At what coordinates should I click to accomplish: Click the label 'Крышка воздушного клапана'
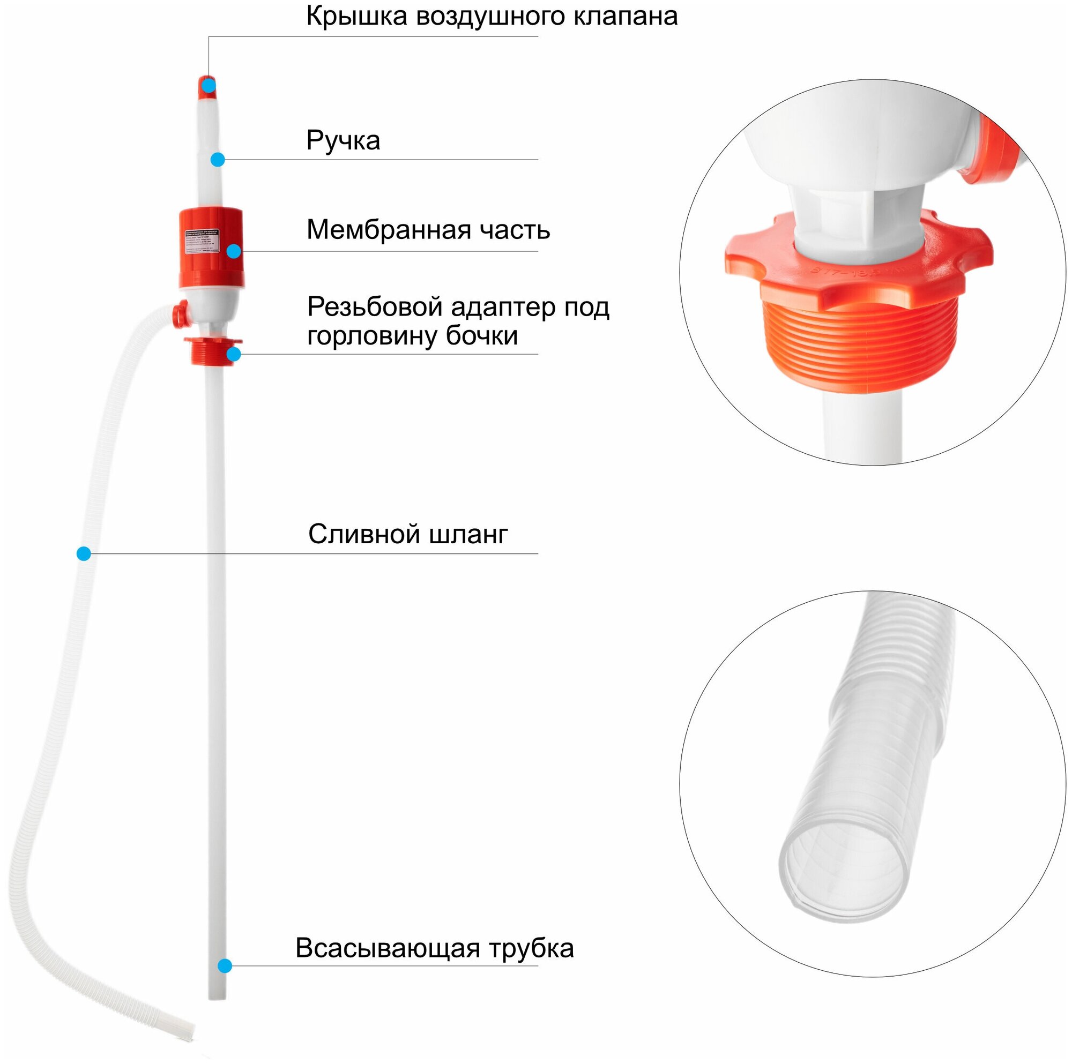(x=492, y=17)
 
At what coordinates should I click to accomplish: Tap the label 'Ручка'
(x=343, y=140)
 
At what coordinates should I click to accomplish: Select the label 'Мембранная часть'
(x=428, y=230)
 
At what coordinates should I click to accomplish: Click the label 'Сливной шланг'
(x=408, y=534)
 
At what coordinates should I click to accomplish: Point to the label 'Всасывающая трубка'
(x=434, y=948)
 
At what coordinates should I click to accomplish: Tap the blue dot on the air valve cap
(x=208, y=85)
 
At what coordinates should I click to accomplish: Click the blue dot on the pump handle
(x=218, y=160)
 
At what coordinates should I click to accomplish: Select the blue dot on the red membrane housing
(x=234, y=251)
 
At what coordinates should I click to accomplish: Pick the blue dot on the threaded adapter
(x=234, y=354)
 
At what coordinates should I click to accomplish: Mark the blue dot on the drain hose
(x=84, y=553)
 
